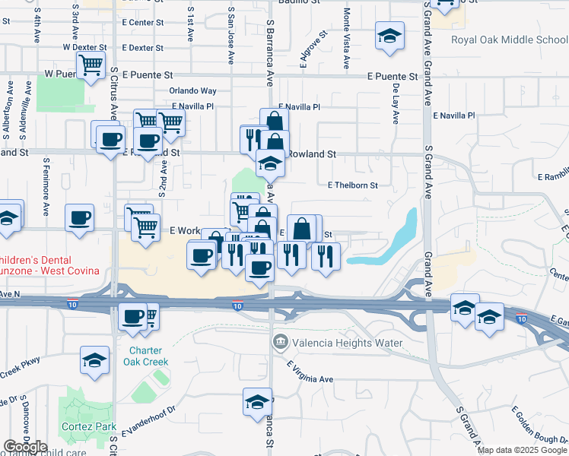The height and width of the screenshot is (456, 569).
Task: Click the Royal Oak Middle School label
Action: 509,40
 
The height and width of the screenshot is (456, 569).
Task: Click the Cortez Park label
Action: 91,426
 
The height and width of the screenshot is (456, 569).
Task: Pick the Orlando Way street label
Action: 193,91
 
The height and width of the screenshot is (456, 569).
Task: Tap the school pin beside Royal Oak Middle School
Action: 389,35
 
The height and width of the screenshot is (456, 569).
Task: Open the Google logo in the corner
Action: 25,447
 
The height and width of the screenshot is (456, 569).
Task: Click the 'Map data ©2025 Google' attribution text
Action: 522,450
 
